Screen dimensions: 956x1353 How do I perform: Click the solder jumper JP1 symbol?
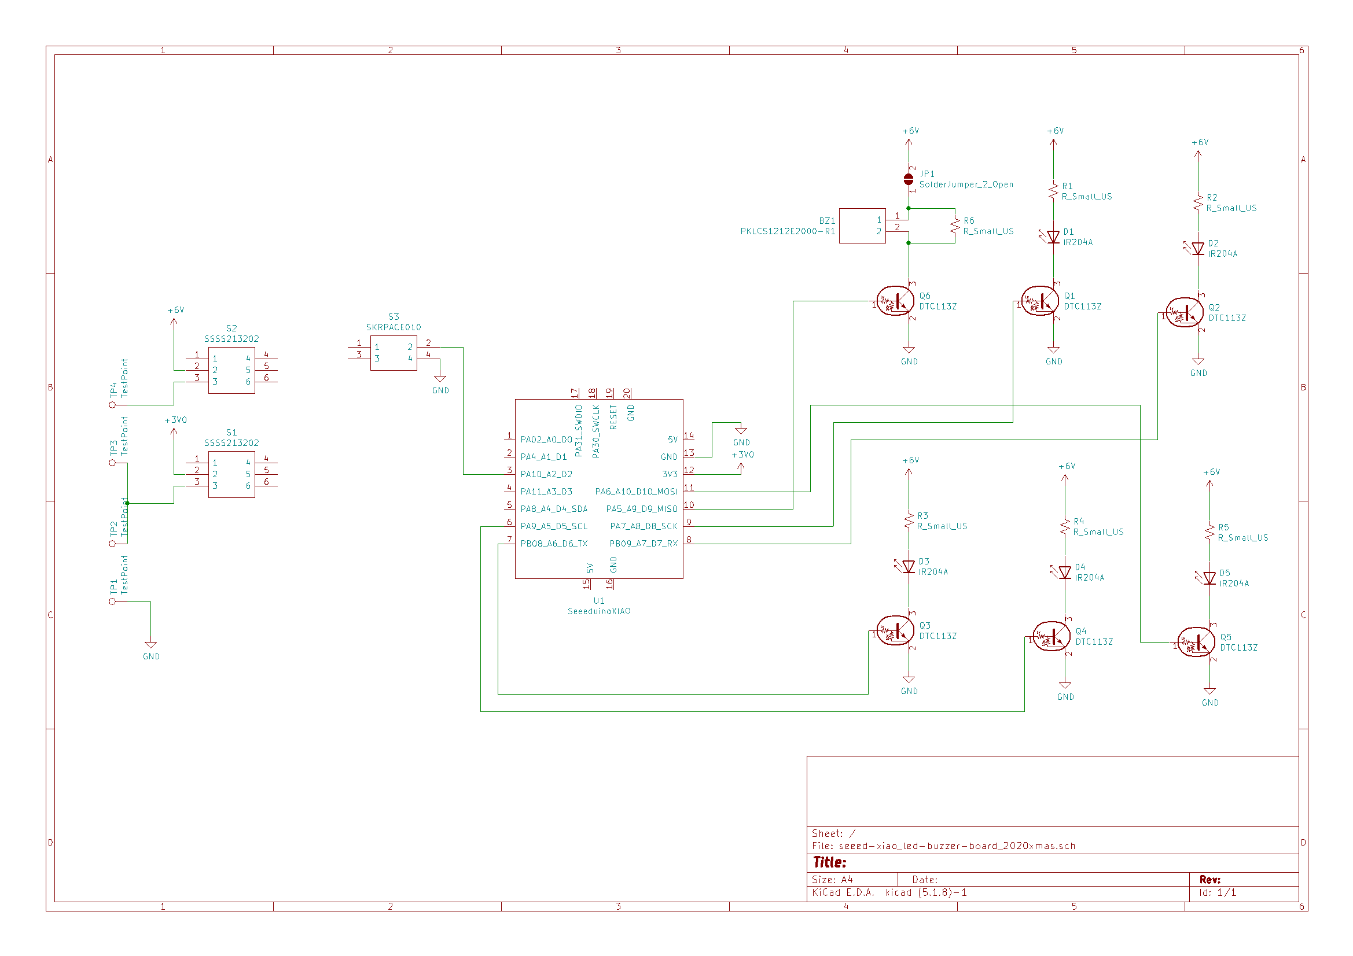pyautogui.click(x=908, y=179)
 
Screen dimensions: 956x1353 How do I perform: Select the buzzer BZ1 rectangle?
pyautogui.click(x=862, y=226)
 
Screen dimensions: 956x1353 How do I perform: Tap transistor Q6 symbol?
pyautogui.click(x=896, y=301)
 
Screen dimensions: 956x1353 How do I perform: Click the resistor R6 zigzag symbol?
pyautogui.click(x=955, y=226)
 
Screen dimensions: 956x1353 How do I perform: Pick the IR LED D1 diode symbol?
pyautogui.click(x=1053, y=237)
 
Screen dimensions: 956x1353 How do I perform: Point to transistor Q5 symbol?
pyautogui.click(x=1196, y=642)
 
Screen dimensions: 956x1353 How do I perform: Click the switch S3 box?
pyautogui.click(x=393, y=353)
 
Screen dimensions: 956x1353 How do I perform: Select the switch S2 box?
pyautogui.click(x=231, y=370)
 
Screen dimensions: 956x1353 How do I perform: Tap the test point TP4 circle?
pyautogui.click(x=112, y=405)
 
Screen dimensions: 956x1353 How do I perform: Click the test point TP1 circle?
pyautogui.click(x=112, y=601)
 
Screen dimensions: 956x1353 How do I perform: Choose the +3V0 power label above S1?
pyautogui.click(x=175, y=420)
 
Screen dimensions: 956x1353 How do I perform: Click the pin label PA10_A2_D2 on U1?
pyautogui.click(x=546, y=474)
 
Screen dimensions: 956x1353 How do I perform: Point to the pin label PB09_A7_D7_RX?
pyautogui.click(x=643, y=544)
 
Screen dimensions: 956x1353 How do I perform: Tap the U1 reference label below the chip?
pyautogui.click(x=599, y=601)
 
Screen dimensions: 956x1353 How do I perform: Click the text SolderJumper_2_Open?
pyautogui.click(x=966, y=184)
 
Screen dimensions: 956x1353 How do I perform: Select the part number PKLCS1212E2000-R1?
pyautogui.click(x=787, y=231)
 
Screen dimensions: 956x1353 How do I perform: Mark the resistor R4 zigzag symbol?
pyautogui.click(x=1065, y=527)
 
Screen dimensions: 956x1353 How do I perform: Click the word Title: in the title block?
pyautogui.click(x=829, y=862)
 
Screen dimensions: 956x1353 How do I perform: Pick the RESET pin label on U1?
pyautogui.click(x=613, y=416)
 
